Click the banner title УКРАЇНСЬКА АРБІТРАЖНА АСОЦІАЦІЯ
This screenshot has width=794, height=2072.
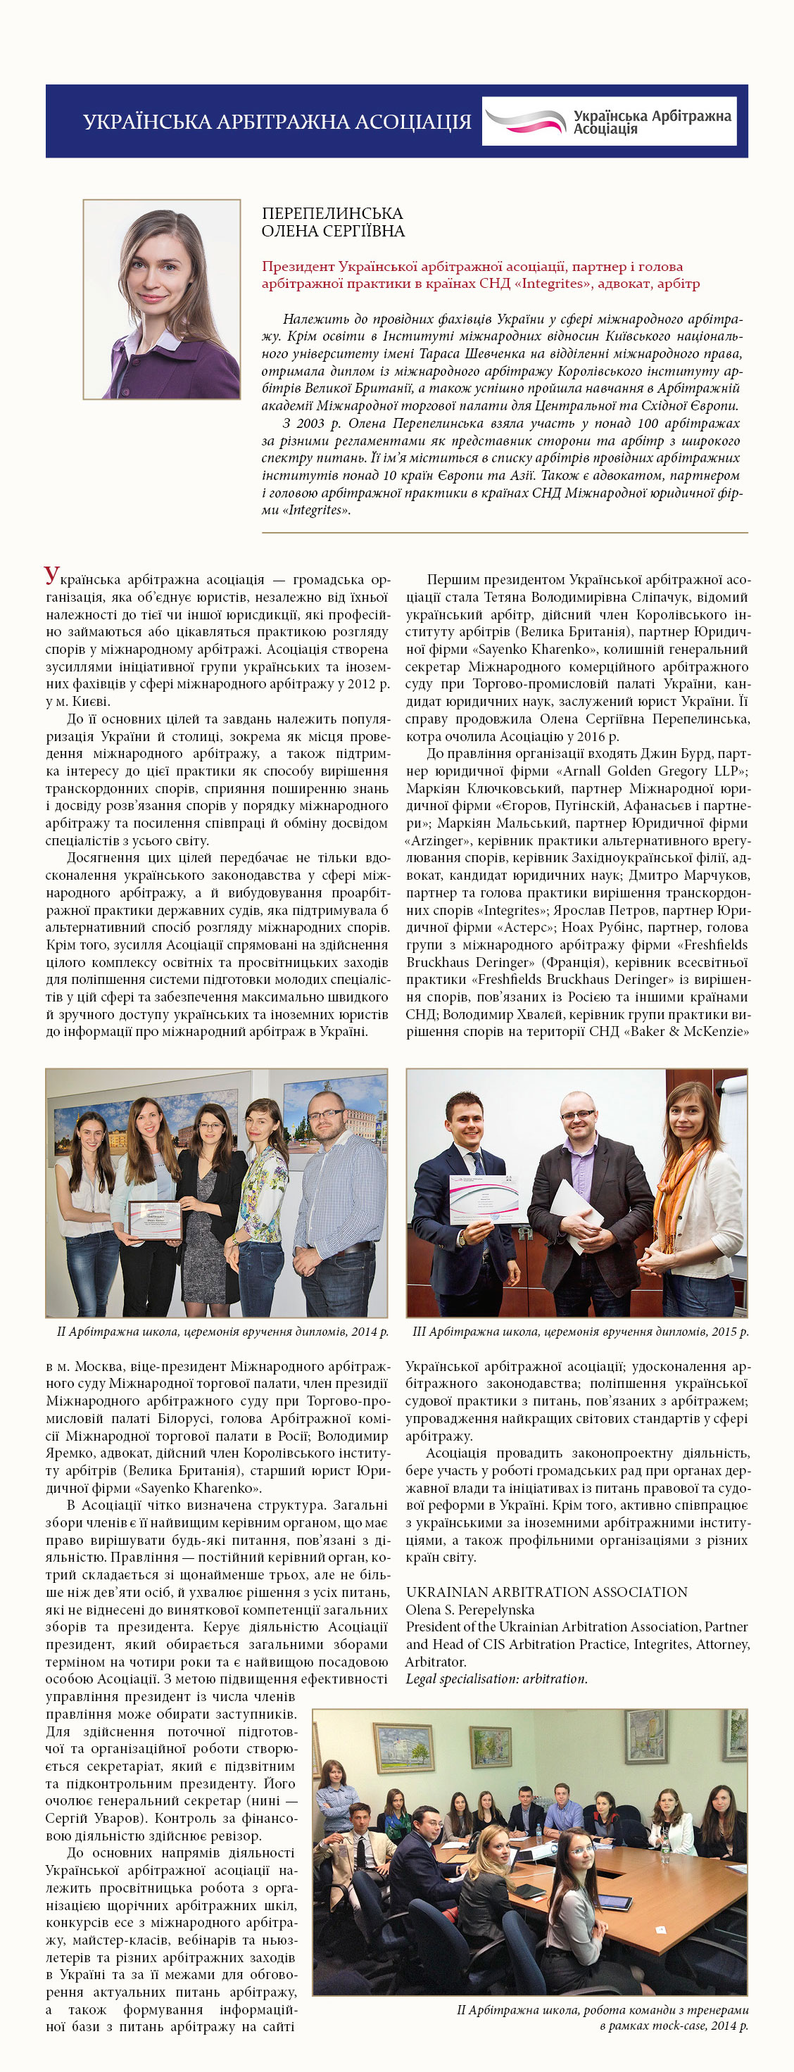pos(277,122)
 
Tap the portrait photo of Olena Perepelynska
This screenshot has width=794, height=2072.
pos(162,299)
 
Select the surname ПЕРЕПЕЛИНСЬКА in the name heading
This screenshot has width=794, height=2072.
pos(332,213)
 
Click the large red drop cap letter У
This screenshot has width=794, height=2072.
pos(51,576)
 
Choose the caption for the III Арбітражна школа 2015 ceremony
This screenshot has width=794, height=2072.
pos(580,1331)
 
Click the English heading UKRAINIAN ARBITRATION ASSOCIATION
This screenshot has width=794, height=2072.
pos(546,1592)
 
